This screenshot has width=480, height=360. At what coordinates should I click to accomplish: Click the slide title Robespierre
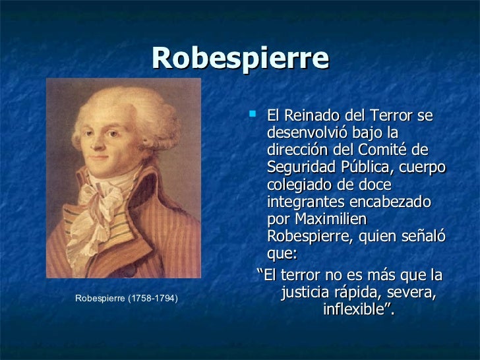click(240, 59)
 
